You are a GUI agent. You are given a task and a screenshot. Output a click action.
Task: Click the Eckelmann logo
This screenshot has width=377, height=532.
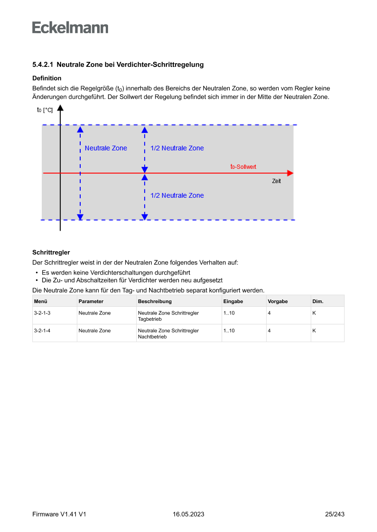pos(70,28)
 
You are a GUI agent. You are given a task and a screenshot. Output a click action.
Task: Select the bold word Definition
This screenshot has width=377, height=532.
pos(47,78)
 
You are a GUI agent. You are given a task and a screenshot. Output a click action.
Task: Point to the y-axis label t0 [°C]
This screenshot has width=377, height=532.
pos(45,110)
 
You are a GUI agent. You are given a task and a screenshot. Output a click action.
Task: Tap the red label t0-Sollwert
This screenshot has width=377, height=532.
pos(243,167)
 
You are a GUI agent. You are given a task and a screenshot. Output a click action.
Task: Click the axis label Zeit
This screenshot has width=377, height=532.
pos(276,181)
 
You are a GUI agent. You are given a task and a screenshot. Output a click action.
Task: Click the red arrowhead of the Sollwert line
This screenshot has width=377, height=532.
pos(290,173)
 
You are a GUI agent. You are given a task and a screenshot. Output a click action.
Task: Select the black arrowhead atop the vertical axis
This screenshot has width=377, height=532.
pos(60,108)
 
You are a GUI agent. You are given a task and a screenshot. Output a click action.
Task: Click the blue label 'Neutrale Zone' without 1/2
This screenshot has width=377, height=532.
pos(106,148)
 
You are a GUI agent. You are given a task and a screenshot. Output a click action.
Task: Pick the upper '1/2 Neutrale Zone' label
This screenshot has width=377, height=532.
pos(177,148)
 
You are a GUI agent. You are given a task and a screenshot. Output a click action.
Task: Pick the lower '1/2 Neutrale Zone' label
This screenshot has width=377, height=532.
pos(177,195)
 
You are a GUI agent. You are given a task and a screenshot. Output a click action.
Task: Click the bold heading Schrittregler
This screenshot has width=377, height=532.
pos(51,252)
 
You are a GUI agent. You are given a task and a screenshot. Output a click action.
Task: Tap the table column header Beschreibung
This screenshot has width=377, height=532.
pos(155,301)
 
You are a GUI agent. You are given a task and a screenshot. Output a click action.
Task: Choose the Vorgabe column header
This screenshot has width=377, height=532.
pos(278,301)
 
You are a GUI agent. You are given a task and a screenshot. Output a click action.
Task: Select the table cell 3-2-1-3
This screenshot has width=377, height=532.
pos(42,313)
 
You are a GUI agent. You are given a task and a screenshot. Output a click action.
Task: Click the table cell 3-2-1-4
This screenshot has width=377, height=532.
pos(42,330)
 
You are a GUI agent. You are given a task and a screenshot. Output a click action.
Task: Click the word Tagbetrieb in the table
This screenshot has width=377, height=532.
pos(150,319)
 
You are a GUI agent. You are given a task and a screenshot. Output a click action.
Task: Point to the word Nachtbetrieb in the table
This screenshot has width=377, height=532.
pos(152,337)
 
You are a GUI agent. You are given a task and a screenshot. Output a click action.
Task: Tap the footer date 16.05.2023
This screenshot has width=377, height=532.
pos(188,514)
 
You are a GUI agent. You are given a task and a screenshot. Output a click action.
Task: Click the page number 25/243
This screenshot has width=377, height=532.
pos(335,514)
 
